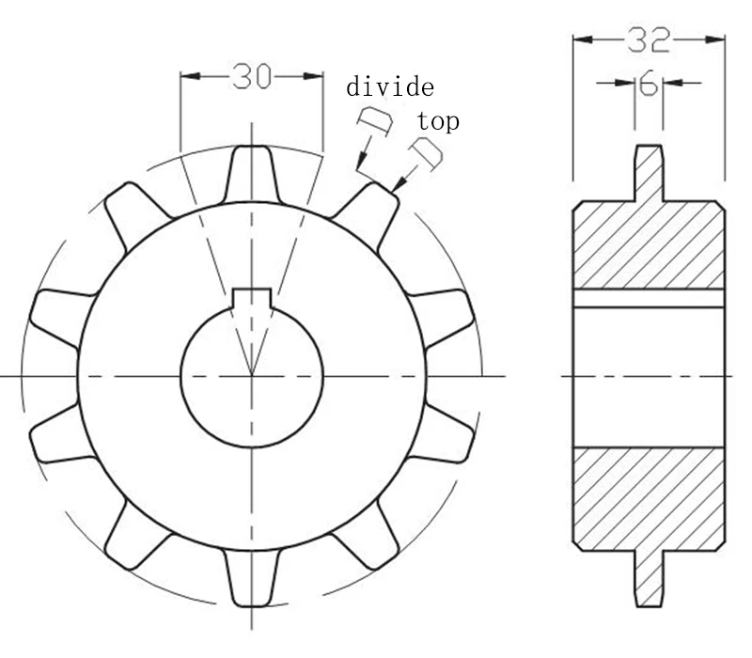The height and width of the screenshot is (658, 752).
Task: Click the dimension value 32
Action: pyautogui.click(x=649, y=39)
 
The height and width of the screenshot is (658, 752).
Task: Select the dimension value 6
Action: pyautogui.click(x=648, y=85)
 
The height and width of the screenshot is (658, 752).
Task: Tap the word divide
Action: pyautogui.click(x=390, y=88)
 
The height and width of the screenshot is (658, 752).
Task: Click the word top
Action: pyautogui.click(x=438, y=121)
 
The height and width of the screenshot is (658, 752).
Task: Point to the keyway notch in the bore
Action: pyautogui.click(x=251, y=297)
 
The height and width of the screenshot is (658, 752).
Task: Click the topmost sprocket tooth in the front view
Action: pyautogui.click(x=251, y=174)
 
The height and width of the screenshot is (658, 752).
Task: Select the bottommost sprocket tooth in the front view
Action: pyautogui.click(x=251, y=578)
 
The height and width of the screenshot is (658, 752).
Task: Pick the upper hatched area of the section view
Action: pyautogui.click(x=649, y=244)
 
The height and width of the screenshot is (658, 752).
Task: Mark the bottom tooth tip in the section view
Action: pyautogui.click(x=649, y=592)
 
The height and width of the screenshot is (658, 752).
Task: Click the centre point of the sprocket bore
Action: pyautogui.click(x=251, y=376)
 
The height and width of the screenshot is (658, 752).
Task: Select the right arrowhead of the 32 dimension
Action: pyautogui.click(x=718, y=39)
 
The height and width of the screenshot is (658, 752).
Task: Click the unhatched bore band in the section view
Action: pyautogui.click(x=649, y=376)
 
